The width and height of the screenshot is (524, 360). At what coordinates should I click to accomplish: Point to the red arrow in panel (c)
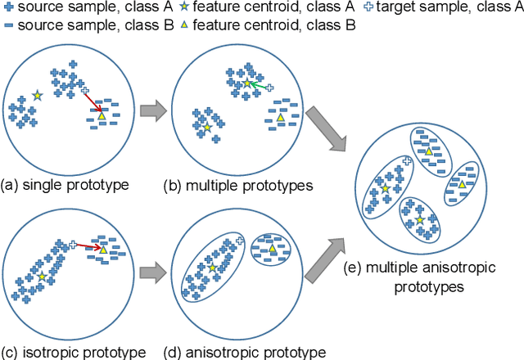coord(89,245)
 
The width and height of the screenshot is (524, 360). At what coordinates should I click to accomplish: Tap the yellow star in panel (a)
coord(37,97)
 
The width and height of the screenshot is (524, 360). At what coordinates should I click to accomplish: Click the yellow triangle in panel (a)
coord(102,117)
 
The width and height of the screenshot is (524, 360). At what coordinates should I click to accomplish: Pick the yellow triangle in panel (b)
coord(280,119)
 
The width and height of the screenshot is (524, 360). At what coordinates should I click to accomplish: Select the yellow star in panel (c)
coord(41,277)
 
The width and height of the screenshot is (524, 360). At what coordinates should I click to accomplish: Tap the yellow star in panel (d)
coord(212,268)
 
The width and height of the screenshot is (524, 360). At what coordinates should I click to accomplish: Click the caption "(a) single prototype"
coord(65,184)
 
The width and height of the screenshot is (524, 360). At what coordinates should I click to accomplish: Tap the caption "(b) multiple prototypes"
coord(239,185)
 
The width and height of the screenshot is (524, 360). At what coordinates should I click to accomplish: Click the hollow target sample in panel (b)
coord(270,86)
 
